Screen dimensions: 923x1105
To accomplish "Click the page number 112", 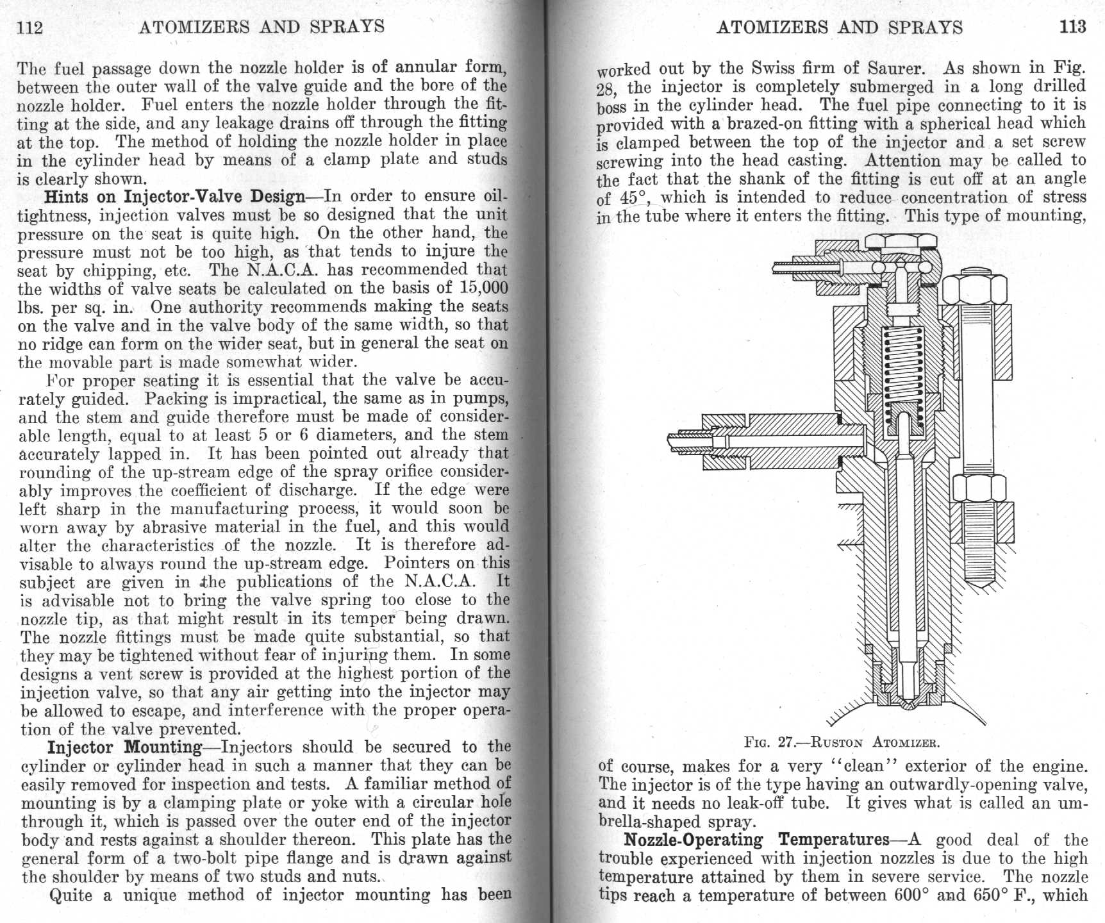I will pos(30,27).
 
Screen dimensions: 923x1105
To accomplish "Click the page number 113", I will pos(1073,26).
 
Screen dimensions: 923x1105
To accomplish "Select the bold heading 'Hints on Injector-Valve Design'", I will pos(174,196).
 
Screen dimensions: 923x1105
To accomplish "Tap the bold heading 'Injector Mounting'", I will pos(125,747).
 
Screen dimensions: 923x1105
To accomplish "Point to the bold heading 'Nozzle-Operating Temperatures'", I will pos(756,840).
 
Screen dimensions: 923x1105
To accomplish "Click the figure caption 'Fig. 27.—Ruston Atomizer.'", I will pos(842,743).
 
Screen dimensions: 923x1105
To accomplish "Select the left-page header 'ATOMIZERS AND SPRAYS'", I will pos(262,27).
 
